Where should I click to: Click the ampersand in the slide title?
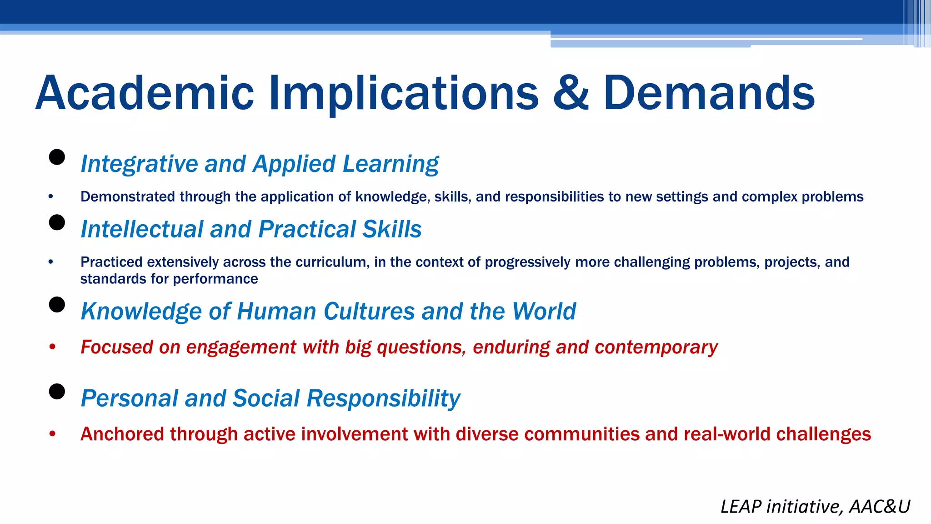[x=571, y=93]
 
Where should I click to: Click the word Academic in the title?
[x=145, y=93]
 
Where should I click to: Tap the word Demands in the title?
[x=709, y=93]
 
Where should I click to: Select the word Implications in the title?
[x=404, y=93]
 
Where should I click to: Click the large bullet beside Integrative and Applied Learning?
[x=57, y=157]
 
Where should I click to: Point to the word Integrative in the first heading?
[x=139, y=164]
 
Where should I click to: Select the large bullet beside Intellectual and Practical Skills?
[x=57, y=223]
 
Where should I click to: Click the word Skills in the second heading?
[x=385, y=229]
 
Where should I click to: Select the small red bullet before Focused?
[x=52, y=347]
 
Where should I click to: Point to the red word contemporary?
[x=656, y=348]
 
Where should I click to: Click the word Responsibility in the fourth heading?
[x=383, y=398]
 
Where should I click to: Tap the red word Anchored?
[x=122, y=434]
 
